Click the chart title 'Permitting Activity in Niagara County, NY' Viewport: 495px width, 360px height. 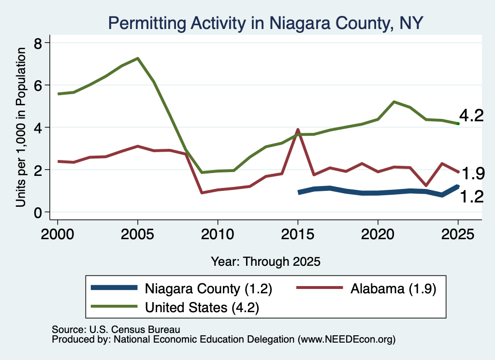(265, 23)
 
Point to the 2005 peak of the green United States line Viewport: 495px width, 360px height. (138, 58)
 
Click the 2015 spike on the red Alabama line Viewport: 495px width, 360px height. (297, 130)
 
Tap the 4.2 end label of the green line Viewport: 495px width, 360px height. (471, 115)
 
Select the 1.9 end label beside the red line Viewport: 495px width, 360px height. (473, 173)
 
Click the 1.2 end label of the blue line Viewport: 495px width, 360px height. (472, 197)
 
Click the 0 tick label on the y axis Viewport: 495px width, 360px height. (38, 213)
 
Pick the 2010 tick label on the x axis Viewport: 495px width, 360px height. (218, 234)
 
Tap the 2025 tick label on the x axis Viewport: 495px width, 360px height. (458, 234)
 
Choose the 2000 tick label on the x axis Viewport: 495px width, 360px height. (58, 234)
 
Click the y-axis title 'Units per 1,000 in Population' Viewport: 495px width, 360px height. (21, 127)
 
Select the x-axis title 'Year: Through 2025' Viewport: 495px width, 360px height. (265, 261)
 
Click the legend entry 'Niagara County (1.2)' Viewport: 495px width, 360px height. (208, 288)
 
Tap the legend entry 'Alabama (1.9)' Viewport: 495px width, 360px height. (393, 288)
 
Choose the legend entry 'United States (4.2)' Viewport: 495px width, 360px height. (202, 308)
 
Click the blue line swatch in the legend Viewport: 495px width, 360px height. (114, 288)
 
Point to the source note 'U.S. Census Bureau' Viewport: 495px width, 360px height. (135, 330)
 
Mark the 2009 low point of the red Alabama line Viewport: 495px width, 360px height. (202, 192)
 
